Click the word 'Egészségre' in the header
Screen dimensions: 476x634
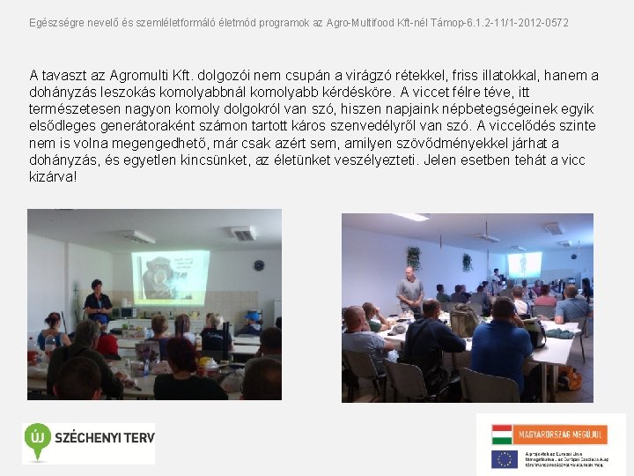pyautogui.click(x=54, y=20)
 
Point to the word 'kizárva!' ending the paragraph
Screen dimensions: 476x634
pyautogui.click(x=53, y=177)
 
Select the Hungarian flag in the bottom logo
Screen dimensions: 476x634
pyautogui.click(x=502, y=435)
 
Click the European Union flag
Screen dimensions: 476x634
pyautogui.click(x=504, y=458)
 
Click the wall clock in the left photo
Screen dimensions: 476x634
pyautogui.click(x=258, y=264)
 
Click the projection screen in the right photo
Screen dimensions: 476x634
pyautogui.click(x=525, y=263)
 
